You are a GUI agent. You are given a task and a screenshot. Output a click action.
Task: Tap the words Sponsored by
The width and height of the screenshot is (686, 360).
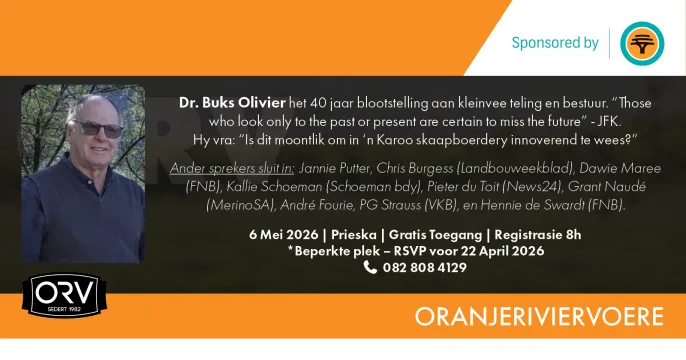point(555,43)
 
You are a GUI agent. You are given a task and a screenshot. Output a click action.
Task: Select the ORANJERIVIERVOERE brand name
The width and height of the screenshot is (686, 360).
point(540,317)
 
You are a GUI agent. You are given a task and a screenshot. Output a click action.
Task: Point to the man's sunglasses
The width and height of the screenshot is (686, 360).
point(95,129)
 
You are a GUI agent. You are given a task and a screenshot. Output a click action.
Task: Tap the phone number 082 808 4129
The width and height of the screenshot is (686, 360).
point(425,267)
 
